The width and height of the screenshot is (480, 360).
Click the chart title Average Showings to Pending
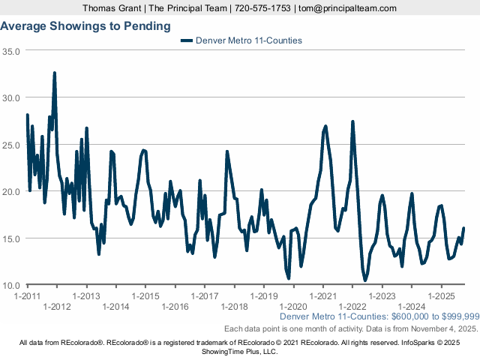85,26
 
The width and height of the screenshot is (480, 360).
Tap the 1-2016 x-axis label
175,307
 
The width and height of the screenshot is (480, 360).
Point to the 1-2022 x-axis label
352,307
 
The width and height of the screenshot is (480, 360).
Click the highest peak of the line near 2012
55,73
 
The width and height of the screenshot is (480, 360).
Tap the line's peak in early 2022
352,122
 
